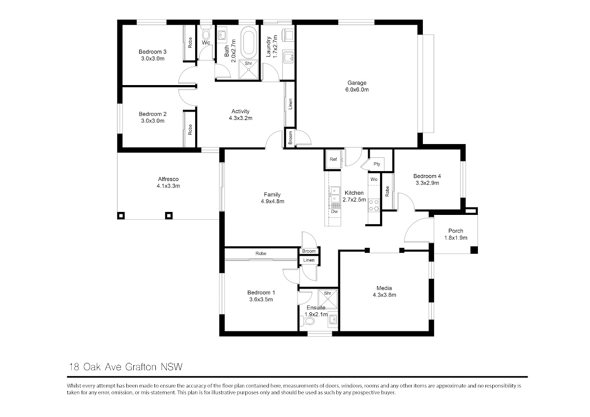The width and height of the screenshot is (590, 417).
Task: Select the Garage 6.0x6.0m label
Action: point(357,86)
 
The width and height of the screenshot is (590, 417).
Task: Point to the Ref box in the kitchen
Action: point(333,159)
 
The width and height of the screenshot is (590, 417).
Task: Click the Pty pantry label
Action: point(377,164)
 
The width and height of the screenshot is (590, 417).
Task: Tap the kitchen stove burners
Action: point(374,205)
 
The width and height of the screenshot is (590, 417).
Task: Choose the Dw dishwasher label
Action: point(334,211)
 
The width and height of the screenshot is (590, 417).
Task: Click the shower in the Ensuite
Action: point(327,299)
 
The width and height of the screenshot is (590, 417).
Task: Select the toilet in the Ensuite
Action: point(307,321)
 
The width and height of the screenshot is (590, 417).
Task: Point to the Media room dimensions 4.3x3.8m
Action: point(384,295)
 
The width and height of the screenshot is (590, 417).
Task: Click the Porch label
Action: point(456,231)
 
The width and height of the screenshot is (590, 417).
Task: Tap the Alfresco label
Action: point(168,179)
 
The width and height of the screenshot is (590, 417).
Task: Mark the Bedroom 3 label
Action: point(152,52)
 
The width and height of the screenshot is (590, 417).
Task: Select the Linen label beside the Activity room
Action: point(290,104)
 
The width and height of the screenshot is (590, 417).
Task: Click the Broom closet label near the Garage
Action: point(290,138)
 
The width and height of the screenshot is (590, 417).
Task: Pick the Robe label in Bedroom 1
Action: point(261,253)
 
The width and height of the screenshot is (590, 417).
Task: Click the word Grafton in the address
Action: point(141,367)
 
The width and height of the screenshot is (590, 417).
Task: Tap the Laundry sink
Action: point(289,58)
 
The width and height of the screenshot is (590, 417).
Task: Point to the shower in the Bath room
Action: point(248,69)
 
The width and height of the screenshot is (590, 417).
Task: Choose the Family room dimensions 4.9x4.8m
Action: point(272,201)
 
